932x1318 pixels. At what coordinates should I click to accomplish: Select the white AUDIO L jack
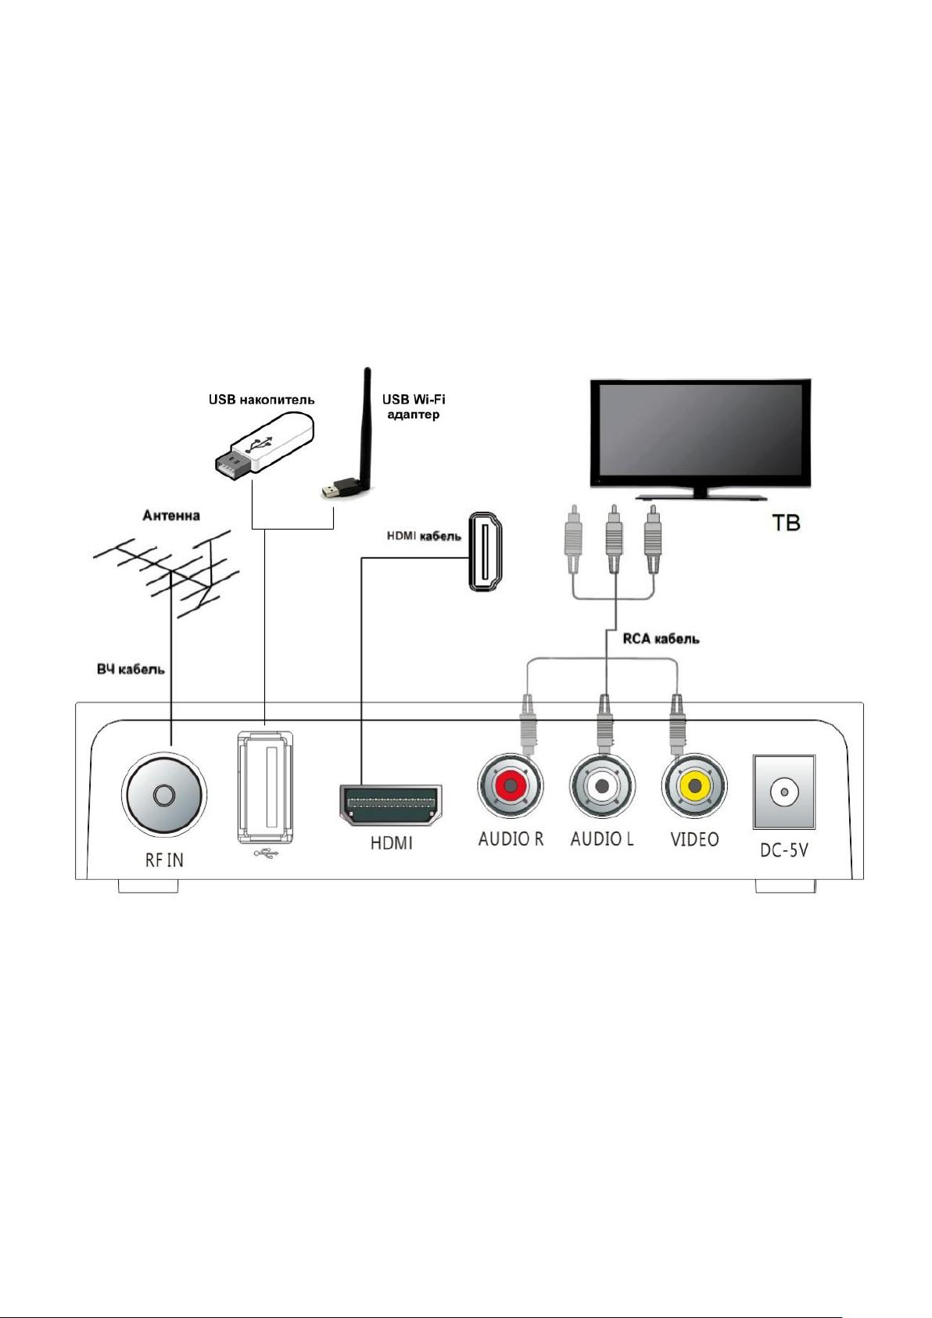tap(602, 786)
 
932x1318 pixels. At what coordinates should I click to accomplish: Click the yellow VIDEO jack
tap(694, 786)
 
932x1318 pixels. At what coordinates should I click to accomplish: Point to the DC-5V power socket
tap(783, 792)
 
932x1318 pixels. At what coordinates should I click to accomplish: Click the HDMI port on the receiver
tap(391, 805)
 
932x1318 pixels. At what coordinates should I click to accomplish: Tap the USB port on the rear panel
tap(265, 786)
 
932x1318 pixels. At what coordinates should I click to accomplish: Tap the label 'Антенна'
tap(171, 515)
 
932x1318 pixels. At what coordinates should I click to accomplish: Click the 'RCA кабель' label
tap(661, 638)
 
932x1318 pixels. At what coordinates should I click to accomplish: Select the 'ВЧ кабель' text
tap(131, 670)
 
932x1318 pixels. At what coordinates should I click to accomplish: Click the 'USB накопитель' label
tap(262, 400)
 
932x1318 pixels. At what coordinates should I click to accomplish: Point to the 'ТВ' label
tap(786, 523)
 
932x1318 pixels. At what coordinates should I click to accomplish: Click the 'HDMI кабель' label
tap(424, 537)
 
